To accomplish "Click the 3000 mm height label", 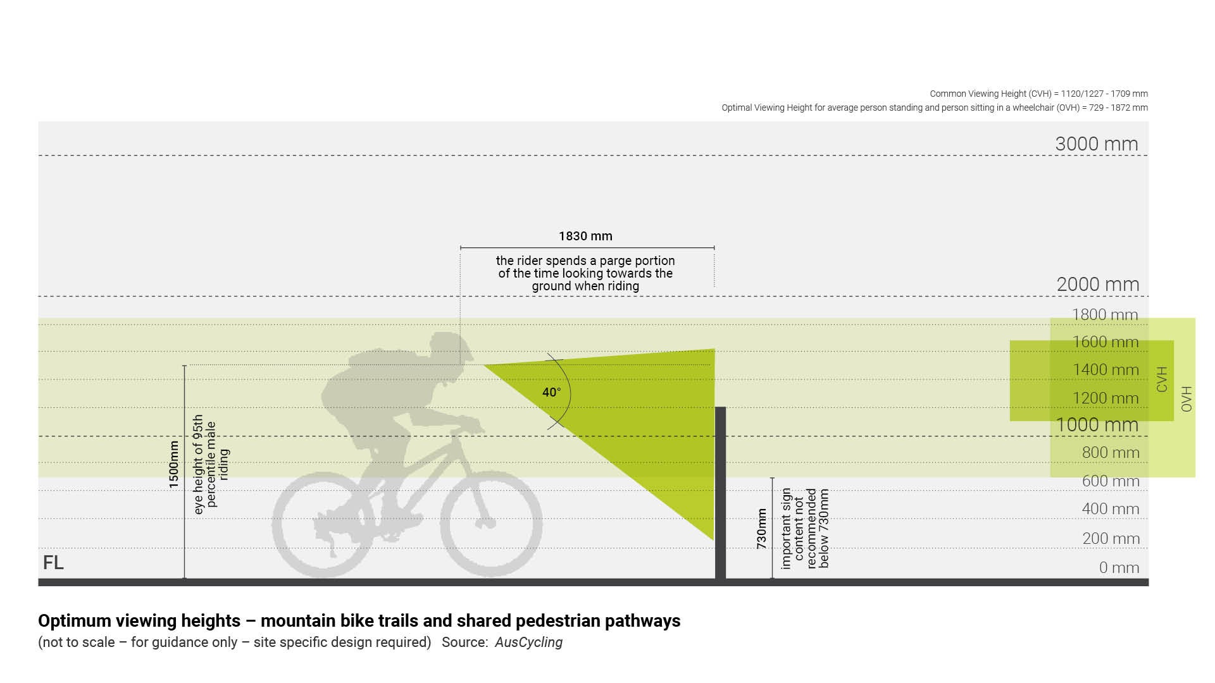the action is [x=1097, y=144].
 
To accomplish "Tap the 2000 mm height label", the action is [x=1098, y=285].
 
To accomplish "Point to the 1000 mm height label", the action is [x=1097, y=425].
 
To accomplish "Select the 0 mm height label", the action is [x=1119, y=568].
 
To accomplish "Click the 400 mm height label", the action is [x=1111, y=509].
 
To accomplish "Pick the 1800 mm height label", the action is [x=1105, y=315].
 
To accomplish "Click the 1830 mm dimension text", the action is [x=585, y=237].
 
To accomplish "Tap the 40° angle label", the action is [x=551, y=393].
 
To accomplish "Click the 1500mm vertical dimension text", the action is [x=174, y=465].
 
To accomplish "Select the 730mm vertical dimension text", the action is [x=761, y=528].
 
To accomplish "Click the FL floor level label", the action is [x=53, y=563].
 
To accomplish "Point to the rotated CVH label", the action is [x=1162, y=379].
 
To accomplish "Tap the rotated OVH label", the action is [x=1187, y=399].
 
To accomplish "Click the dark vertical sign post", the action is [x=720, y=493].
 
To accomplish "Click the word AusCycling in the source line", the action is [x=528, y=643].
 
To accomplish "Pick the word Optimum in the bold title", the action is [x=75, y=621].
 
